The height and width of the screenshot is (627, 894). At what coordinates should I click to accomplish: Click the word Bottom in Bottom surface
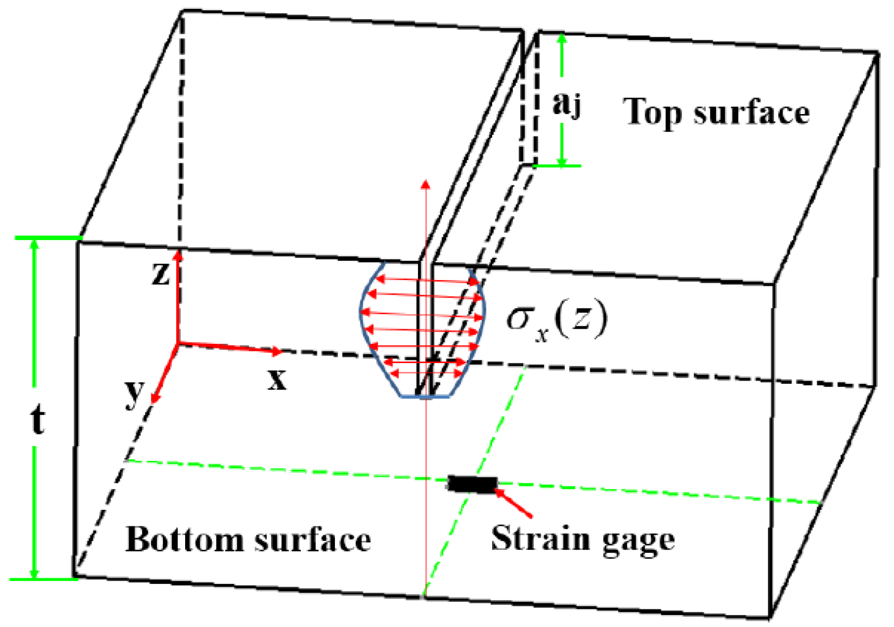(184, 539)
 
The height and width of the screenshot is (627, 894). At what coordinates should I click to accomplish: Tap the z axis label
(161, 274)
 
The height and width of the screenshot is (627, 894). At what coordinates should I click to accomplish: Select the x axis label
(277, 380)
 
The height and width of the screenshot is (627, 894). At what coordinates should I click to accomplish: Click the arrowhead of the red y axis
(154, 398)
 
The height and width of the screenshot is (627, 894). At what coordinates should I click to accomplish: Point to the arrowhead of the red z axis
(178, 255)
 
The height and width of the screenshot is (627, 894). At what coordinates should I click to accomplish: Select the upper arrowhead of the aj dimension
(562, 38)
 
